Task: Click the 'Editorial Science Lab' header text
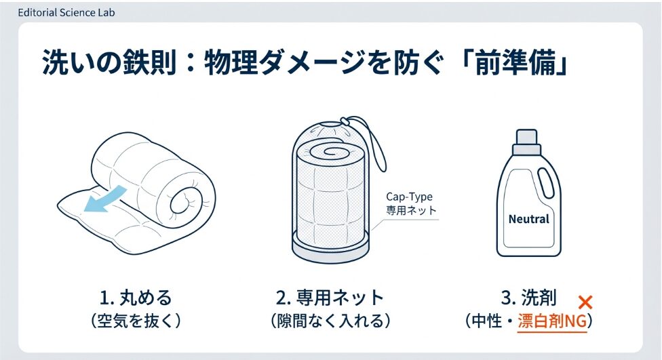coord(66,13)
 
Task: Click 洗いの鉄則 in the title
coord(109,64)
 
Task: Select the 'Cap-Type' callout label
coord(409,197)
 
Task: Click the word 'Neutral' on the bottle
coord(528,219)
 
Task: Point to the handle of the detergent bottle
coord(547,182)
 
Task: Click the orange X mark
coord(585,302)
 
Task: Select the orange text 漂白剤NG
coord(552,321)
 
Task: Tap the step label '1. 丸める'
coord(136,298)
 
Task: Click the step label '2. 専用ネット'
coord(330,298)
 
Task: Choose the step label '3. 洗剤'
coord(528,298)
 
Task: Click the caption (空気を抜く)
coord(136,321)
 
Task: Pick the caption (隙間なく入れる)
coord(330,321)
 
